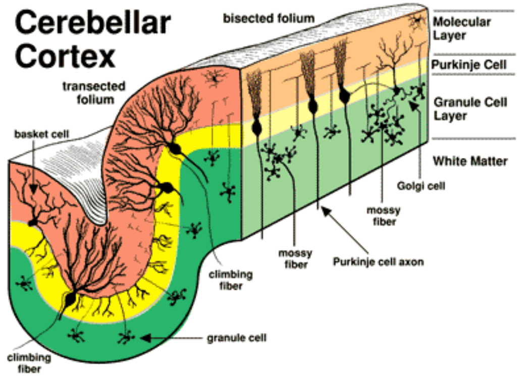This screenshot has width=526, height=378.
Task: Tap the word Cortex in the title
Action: (x=65, y=57)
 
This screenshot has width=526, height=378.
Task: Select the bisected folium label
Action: (x=269, y=18)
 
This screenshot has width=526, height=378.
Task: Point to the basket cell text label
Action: (x=41, y=134)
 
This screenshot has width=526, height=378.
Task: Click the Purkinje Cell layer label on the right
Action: (x=469, y=65)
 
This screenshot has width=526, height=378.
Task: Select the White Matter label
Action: (x=470, y=161)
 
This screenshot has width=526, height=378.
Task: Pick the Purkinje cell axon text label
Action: (x=378, y=261)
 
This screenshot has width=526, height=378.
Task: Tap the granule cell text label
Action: (x=236, y=337)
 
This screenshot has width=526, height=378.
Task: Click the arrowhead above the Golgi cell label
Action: (x=413, y=104)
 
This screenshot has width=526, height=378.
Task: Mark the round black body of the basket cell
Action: (x=33, y=223)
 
